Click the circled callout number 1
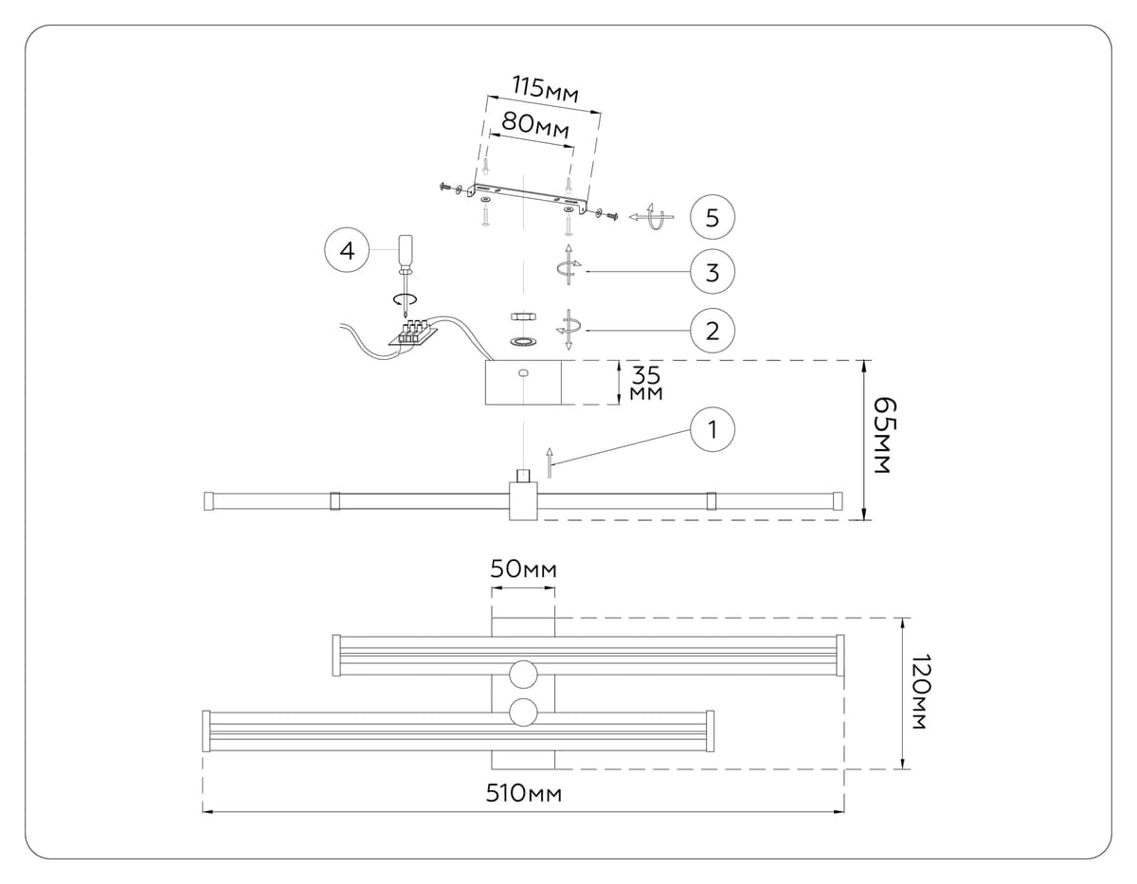pos(714,429)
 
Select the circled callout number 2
pos(713,331)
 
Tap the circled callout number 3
pos(713,273)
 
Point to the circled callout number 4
pos(348,250)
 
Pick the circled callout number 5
pos(713,218)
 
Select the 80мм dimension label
pos(536,124)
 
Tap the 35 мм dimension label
pos(646,383)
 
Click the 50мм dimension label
pos(523,569)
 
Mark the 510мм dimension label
pos(524,794)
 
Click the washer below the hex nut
pos(523,340)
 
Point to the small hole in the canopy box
pos(522,374)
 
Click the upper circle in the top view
pos(523,674)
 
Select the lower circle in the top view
pos(523,713)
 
